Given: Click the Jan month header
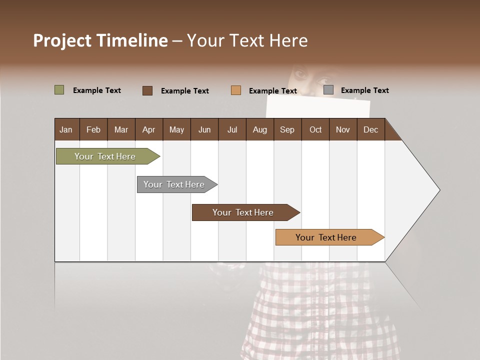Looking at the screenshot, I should point(66,129).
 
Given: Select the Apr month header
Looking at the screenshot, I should point(148,129).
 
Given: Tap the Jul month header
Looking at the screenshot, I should point(232,129).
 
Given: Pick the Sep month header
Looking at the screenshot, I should point(287,129).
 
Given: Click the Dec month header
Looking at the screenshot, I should point(370,129).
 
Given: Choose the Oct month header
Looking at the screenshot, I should point(315,129).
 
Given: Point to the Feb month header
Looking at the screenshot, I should point(93,129).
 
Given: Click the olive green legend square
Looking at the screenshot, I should point(59,90).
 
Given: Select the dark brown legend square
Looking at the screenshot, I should point(147,90).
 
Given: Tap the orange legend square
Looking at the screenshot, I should point(236,90).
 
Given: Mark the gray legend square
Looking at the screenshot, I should point(328,90).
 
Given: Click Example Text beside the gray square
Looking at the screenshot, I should point(364,90).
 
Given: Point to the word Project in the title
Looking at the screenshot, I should point(62,40).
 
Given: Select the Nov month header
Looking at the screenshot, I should point(343,129).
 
